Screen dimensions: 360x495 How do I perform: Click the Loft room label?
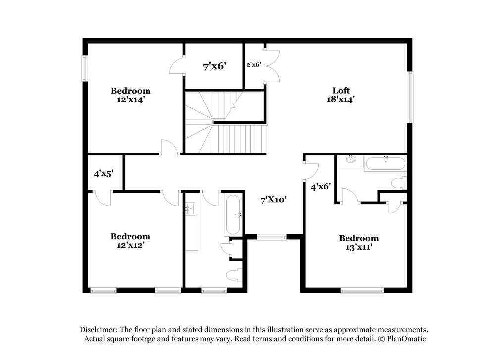(341, 90)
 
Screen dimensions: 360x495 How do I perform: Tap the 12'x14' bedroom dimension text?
(131, 99)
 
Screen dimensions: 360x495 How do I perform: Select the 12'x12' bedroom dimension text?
(130, 244)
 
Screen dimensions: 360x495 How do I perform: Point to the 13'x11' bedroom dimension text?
(358, 247)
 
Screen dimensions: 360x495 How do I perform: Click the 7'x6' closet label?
(214, 66)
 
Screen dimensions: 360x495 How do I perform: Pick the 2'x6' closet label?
(254, 64)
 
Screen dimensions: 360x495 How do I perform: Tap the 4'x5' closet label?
(104, 174)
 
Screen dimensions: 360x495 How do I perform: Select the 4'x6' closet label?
(320, 187)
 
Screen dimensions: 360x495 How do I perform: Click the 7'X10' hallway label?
(274, 200)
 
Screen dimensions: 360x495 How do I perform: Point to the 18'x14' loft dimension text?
(341, 99)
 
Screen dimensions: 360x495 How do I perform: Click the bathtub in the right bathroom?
(385, 163)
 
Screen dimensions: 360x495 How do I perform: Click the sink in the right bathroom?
(351, 159)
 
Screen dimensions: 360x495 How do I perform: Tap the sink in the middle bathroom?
(190, 209)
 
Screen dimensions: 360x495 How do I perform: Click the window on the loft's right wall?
(410, 97)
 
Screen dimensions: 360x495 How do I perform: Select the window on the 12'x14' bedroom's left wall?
(84, 68)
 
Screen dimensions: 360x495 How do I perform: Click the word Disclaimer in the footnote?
(99, 330)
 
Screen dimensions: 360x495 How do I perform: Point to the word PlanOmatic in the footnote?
(405, 339)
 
